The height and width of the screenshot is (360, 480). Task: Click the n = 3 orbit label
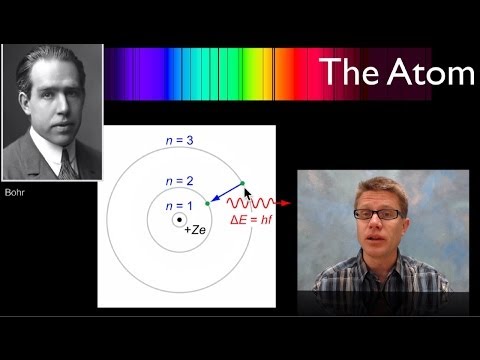[181, 143]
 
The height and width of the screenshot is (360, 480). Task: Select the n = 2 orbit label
[181, 182]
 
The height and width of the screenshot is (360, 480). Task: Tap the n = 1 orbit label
[181, 206]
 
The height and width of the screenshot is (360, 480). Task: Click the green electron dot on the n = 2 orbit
[208, 203]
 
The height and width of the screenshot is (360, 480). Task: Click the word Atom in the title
[427, 73]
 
